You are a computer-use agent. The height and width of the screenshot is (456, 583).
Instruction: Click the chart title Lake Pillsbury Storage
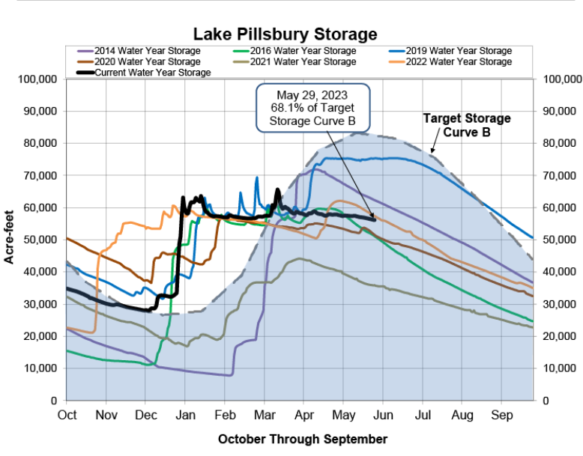[x=285, y=34]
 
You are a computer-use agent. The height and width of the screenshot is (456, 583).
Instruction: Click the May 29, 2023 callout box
[x=314, y=106]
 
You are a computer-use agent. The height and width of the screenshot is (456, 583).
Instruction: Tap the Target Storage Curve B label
[x=466, y=125]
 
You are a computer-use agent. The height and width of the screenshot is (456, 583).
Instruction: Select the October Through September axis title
[x=303, y=439]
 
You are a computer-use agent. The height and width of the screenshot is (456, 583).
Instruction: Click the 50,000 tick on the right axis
[x=561, y=240]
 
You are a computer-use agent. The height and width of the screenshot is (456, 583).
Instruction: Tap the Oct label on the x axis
[x=67, y=413]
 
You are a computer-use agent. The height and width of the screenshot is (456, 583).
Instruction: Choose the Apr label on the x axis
[x=304, y=413]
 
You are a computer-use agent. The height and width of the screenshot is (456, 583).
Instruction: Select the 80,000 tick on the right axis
[x=561, y=144]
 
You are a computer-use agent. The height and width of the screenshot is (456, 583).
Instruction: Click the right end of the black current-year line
[x=375, y=219]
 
